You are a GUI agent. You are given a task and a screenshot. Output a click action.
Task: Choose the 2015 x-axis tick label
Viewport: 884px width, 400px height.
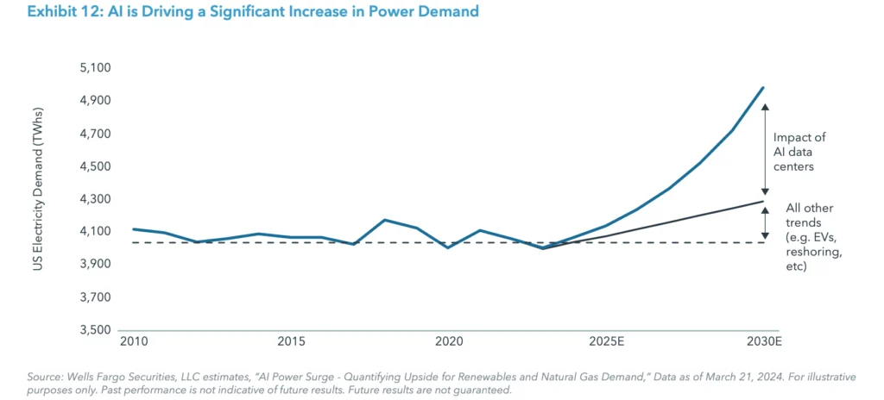[x=291, y=343]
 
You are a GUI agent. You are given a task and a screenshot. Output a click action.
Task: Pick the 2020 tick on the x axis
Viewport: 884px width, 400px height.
[x=448, y=343]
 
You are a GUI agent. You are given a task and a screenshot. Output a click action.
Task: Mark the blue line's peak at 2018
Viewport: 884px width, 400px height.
[x=385, y=220]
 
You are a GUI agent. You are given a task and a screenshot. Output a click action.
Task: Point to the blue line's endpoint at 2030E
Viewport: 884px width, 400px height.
[x=763, y=87]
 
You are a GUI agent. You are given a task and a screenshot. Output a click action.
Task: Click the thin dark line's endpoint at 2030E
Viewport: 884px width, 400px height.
[x=763, y=202]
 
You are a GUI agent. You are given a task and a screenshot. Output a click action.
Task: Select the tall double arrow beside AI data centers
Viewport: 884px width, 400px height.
[x=765, y=148]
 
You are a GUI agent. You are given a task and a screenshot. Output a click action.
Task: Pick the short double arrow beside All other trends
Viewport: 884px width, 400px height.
[x=765, y=222]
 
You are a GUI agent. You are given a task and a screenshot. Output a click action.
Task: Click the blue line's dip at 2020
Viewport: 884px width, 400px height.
[x=448, y=247]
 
